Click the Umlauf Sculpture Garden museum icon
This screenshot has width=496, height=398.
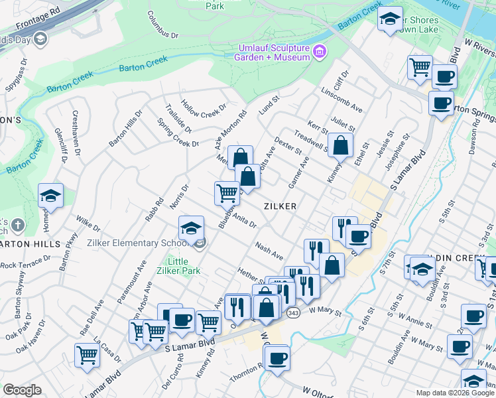(320, 51)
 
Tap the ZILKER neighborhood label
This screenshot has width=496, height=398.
(279, 206)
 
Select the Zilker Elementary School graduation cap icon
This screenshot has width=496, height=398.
(191, 228)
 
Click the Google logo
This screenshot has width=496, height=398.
(22, 390)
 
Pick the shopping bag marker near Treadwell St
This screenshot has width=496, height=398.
(340, 145)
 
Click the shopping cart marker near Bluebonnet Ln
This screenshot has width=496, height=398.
(226, 193)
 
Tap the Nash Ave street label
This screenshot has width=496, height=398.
(269, 250)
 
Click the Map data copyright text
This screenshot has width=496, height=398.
(455, 393)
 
